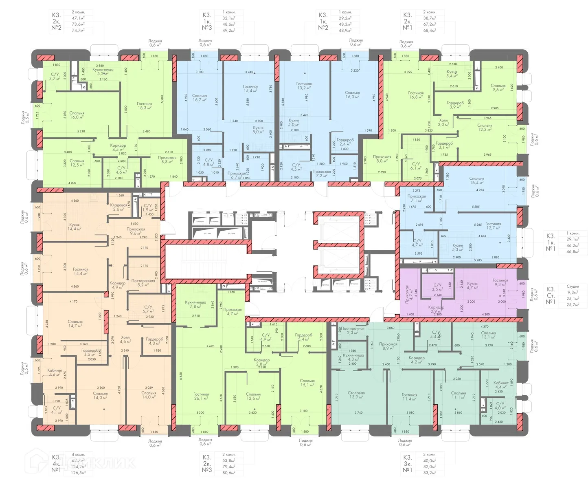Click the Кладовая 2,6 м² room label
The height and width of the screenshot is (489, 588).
tap(118, 207)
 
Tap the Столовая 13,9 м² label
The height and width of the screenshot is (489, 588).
tap(356, 395)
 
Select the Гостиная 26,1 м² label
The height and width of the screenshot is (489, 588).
tap(201, 396)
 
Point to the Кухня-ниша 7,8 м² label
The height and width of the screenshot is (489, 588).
tap(196, 304)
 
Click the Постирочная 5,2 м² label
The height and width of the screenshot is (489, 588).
tap(143, 283)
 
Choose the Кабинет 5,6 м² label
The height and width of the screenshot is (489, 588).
tap(55, 372)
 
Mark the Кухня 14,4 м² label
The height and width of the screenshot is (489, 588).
tap(74, 227)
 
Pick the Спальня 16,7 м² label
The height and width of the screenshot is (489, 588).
tap(200, 98)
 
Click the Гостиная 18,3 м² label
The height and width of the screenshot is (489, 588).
tap(145, 106)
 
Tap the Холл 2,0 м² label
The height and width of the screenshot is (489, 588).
tap(443, 122)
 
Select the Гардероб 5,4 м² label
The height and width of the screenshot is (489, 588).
tap(304, 337)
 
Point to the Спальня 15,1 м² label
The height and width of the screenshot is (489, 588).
tap(307, 383)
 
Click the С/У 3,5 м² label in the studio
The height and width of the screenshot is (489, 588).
tap(437, 287)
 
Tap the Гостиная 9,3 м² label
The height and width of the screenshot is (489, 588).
tap(500, 282)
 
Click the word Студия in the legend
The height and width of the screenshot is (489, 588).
tap(573, 286)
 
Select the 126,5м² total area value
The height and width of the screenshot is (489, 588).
tap(79, 473)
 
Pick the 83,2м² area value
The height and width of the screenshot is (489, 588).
tap(430, 473)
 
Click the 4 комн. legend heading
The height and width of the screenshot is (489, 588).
tap(78, 454)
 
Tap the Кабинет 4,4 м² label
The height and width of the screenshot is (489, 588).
tap(501, 385)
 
